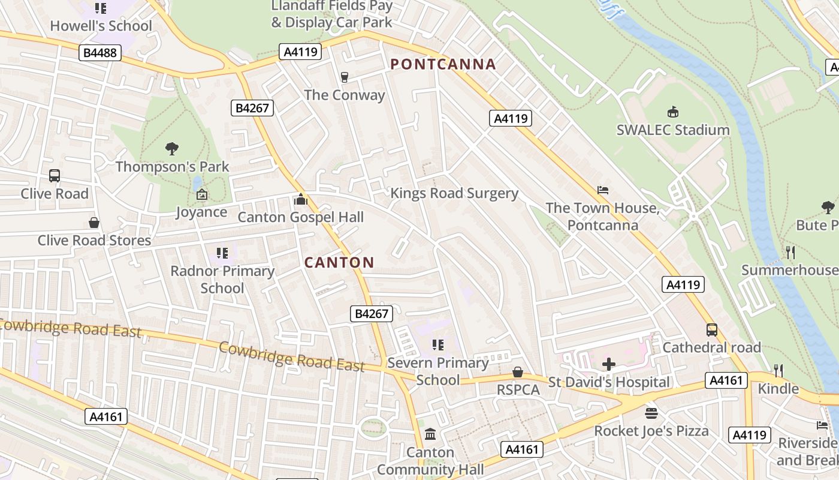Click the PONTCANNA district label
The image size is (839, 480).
point(443,64)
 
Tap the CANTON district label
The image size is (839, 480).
point(339,262)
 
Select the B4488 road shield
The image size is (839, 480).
point(100,53)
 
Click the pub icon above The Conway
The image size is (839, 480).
point(344,77)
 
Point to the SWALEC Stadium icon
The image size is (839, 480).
point(673,112)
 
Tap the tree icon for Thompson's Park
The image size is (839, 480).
point(172,148)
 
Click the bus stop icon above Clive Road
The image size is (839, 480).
point(55,176)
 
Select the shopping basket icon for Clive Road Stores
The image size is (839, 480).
point(94,223)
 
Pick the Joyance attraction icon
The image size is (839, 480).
point(201,194)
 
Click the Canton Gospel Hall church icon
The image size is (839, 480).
point(301,199)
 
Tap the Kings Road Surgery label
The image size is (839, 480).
point(454,193)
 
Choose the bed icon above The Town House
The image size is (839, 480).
point(603,190)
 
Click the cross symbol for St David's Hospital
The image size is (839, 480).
point(609,364)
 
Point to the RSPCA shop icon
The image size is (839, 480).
point(518,373)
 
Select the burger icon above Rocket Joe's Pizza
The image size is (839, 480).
point(651,413)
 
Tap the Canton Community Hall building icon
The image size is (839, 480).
point(430,434)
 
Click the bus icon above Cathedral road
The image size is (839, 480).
point(712,329)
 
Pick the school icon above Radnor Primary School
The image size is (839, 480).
point(222,253)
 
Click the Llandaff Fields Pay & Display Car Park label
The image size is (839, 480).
point(332,14)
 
